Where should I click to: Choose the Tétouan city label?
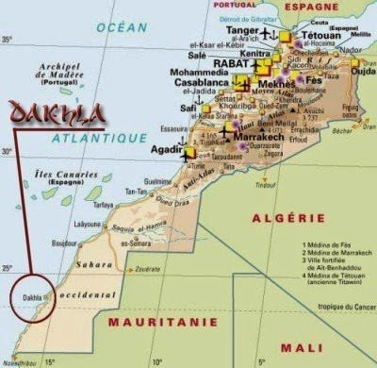tap(321, 34)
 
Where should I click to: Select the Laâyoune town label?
tap(88, 225)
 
